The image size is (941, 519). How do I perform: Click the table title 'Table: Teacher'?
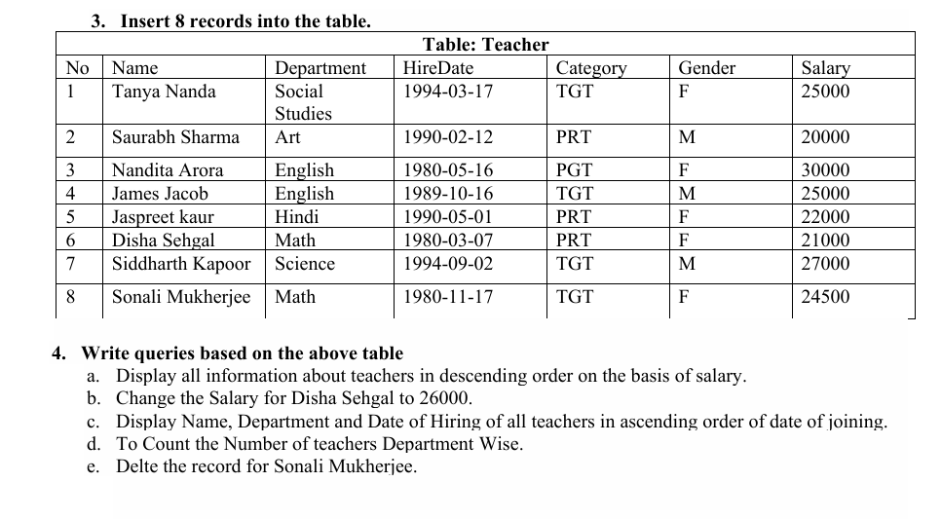(x=485, y=45)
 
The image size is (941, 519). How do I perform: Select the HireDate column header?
(x=437, y=68)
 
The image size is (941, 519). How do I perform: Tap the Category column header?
(x=590, y=68)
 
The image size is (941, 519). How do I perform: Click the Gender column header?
(x=706, y=68)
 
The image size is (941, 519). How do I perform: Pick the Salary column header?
(x=824, y=68)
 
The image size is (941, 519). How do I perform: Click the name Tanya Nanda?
(x=164, y=92)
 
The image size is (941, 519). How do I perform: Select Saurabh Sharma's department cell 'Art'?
(x=287, y=137)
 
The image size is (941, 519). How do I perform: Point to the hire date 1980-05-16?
(x=447, y=170)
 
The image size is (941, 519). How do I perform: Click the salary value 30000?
(x=824, y=170)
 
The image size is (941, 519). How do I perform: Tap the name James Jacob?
(x=160, y=194)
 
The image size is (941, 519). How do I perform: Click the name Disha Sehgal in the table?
(x=163, y=241)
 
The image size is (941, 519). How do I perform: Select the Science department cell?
(x=304, y=264)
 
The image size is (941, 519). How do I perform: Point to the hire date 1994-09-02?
(x=447, y=264)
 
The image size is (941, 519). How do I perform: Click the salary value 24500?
(x=824, y=297)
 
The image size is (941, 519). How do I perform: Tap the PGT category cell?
(x=574, y=170)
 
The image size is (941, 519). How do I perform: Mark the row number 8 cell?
(x=70, y=297)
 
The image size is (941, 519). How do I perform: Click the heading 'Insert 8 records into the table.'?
(x=245, y=20)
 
